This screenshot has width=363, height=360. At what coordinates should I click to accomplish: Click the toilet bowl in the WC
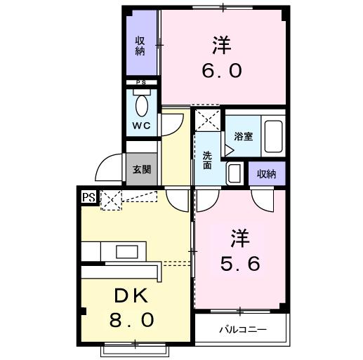[x=142, y=106]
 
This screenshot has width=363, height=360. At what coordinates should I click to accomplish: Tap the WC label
[x=141, y=126]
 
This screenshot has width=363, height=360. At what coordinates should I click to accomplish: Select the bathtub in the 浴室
[x=273, y=136]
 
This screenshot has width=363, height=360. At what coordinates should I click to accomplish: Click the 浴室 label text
[x=244, y=136]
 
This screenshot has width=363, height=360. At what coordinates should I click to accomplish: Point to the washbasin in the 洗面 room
[x=235, y=173]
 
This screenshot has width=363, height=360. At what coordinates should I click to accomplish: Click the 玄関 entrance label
[x=142, y=169]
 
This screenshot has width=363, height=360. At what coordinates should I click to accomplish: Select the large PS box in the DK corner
[x=89, y=197]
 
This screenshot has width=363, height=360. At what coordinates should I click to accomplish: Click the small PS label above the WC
[x=142, y=82]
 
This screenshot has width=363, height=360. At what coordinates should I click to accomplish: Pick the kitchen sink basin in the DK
[x=127, y=252]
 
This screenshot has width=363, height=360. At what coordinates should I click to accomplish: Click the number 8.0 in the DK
[x=131, y=320]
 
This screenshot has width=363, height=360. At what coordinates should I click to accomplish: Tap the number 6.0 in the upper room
[x=222, y=70]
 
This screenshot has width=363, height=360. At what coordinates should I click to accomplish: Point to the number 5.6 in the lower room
[x=240, y=263]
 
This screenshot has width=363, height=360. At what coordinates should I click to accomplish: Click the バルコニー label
[x=243, y=330]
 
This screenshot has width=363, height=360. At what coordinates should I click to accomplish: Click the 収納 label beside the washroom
[x=267, y=174]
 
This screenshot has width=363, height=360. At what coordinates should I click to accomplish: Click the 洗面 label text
[x=207, y=161]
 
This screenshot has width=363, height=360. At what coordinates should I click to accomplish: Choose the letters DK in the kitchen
[x=131, y=295]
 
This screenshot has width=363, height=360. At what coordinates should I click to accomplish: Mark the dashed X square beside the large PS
[x=111, y=200]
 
